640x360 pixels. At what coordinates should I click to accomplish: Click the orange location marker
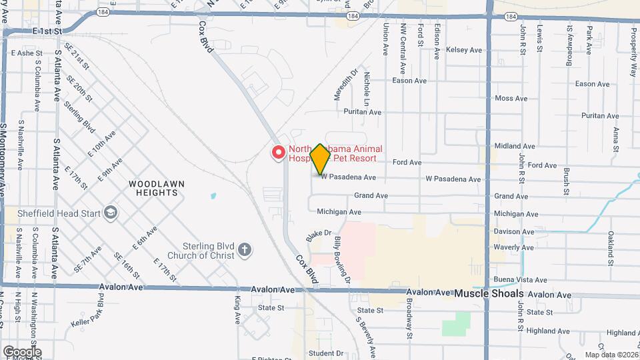(320, 159)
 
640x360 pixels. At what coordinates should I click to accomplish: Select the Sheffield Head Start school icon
(110, 213)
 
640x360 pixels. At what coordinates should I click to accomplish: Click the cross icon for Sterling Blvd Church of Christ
(245, 250)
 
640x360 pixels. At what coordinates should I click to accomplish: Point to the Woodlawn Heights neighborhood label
(157, 188)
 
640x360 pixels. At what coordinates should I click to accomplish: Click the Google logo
(21, 351)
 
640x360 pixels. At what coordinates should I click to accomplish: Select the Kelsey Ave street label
(464, 50)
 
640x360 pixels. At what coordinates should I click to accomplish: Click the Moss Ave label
(511, 98)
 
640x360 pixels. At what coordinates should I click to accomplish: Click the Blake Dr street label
(319, 237)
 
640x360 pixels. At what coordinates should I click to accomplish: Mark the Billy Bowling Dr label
(343, 260)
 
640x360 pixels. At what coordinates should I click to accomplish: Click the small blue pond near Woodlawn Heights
(213, 197)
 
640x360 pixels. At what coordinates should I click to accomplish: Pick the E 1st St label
(46, 31)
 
